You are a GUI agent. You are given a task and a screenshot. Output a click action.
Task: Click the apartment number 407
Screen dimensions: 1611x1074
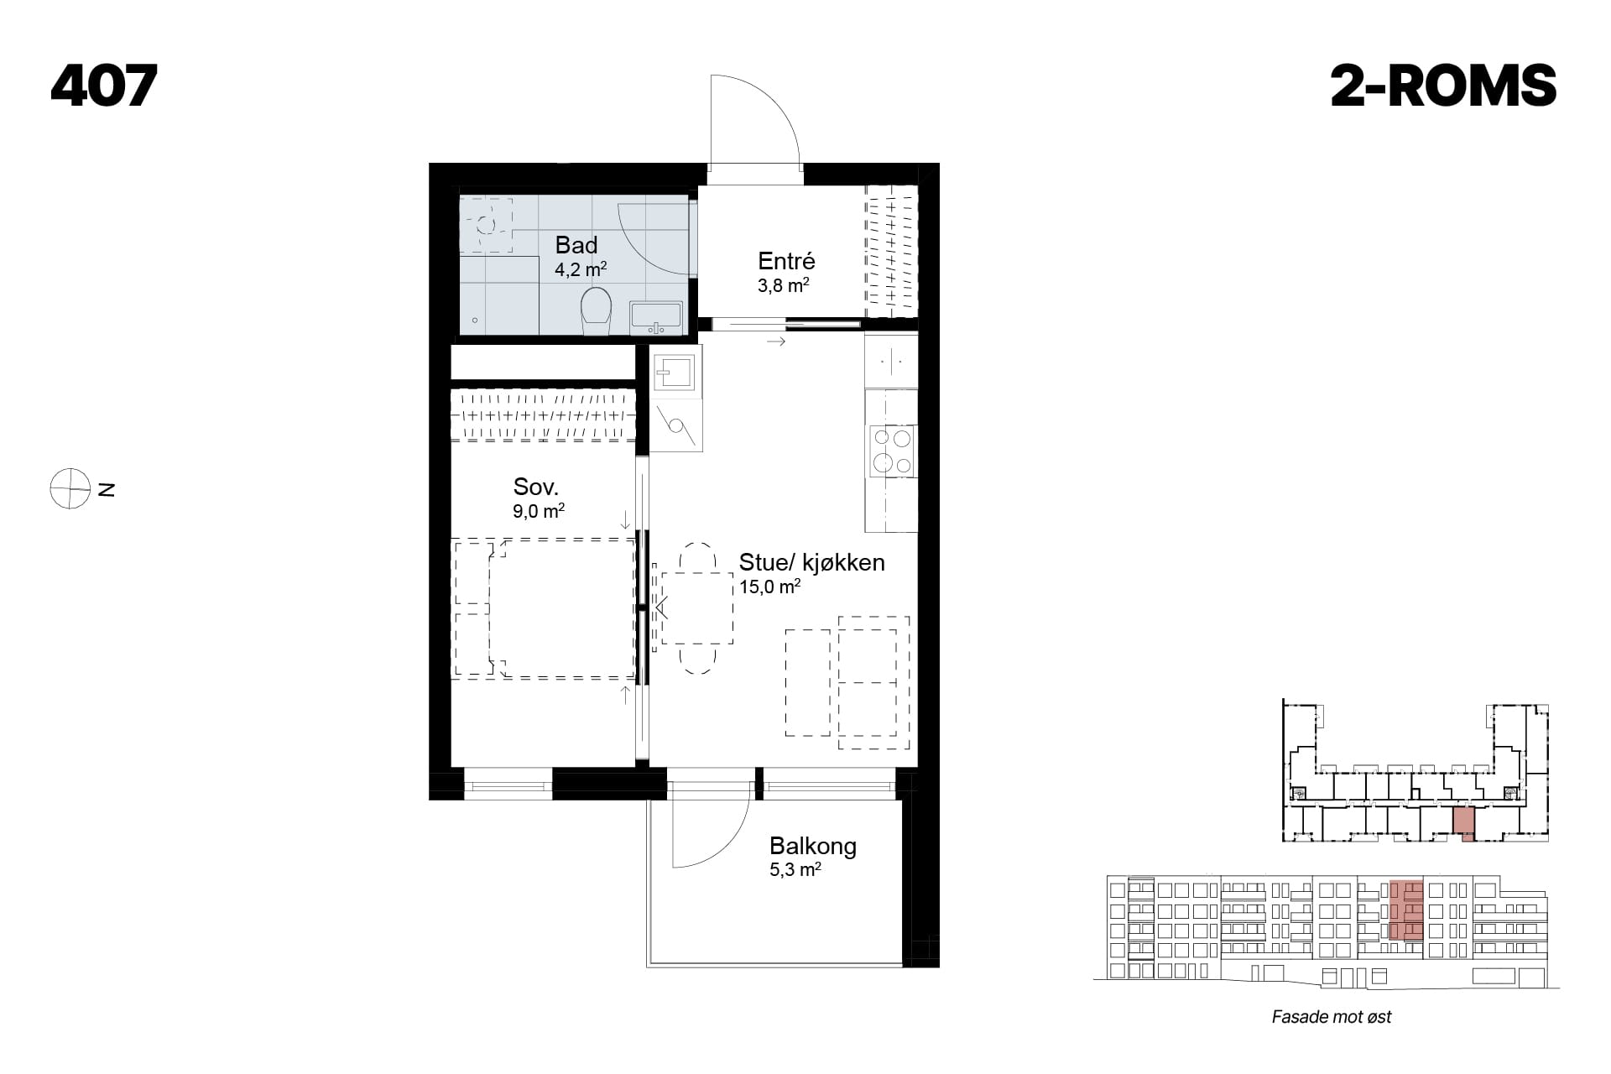(x=104, y=86)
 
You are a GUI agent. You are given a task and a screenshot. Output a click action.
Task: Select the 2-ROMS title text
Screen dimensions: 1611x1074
(x=1443, y=86)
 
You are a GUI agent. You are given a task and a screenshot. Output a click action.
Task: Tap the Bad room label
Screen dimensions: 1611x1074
(x=576, y=245)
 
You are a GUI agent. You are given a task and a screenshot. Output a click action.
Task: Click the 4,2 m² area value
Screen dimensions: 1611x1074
(x=580, y=269)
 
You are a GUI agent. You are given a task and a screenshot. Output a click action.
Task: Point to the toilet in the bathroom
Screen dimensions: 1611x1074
(x=596, y=311)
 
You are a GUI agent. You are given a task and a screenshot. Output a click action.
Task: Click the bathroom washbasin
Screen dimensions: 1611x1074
(x=656, y=319)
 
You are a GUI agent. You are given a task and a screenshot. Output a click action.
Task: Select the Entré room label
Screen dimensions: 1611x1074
(x=786, y=260)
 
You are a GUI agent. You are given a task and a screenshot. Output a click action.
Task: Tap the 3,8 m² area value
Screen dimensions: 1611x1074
(x=783, y=285)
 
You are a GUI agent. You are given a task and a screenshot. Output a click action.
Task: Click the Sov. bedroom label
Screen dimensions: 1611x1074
(x=535, y=487)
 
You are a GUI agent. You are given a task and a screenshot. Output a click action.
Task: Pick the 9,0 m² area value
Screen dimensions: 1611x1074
(x=539, y=511)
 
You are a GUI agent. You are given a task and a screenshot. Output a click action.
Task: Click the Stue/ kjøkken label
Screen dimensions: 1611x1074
(x=811, y=562)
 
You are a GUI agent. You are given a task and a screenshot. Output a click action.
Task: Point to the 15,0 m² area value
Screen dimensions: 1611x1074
(x=769, y=587)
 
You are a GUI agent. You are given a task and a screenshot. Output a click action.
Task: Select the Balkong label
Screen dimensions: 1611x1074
(x=813, y=846)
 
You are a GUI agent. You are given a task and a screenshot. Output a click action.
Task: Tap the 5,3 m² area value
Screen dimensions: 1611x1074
(x=795, y=870)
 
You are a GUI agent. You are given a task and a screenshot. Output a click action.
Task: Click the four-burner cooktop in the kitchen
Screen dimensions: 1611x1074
(x=892, y=451)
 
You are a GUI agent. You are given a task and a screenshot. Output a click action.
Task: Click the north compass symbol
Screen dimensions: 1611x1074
(x=70, y=488)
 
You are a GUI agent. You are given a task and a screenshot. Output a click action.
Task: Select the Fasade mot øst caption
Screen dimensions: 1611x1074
(x=1331, y=1017)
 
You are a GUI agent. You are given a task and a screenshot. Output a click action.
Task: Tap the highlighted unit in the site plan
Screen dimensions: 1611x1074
(x=1462, y=822)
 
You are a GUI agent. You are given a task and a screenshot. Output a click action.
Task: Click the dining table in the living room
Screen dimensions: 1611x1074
(x=696, y=608)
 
